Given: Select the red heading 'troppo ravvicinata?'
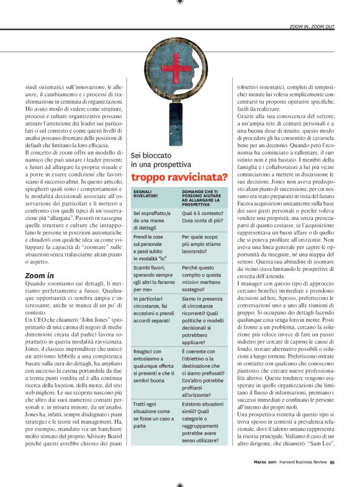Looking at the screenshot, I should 179,177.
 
